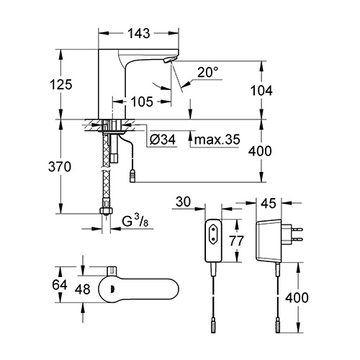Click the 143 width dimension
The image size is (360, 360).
139,33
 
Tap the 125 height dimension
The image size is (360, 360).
61,84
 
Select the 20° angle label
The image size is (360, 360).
208,72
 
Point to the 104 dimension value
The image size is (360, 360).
261,91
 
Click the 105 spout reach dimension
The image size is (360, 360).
142,102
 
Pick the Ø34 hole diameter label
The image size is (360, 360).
163,140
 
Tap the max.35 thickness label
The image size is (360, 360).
217,140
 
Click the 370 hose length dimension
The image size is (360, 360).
60,166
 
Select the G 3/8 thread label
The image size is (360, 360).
135,222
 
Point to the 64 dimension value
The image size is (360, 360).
60,285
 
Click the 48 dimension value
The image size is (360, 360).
83,289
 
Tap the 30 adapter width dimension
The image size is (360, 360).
183,202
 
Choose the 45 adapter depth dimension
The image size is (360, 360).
269,203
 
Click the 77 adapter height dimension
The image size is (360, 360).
236,240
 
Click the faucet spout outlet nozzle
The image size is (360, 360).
170,60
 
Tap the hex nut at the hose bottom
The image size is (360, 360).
106,211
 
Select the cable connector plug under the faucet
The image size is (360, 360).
133,176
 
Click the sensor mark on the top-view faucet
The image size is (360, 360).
111,289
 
